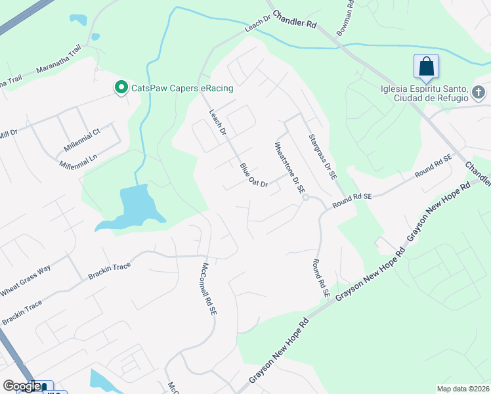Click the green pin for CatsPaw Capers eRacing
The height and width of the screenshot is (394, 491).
click(121, 87)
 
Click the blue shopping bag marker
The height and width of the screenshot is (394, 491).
click(426, 66)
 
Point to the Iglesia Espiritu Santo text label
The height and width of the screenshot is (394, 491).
click(423, 93)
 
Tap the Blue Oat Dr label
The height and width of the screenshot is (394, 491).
click(254, 175)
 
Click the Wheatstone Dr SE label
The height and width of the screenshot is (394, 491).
click(290, 167)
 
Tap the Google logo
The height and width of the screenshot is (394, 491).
click(22, 386)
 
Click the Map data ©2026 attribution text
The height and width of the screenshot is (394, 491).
click(463, 389)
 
